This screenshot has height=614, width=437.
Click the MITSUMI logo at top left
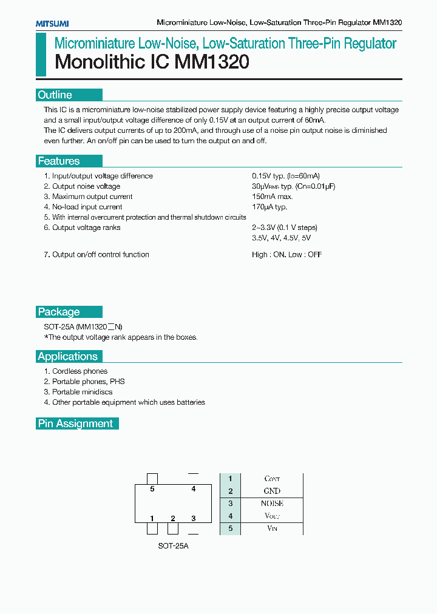(x=52, y=23)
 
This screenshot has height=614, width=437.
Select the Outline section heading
(x=55, y=95)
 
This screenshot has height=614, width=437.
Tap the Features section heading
(x=59, y=161)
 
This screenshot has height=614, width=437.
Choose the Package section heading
(x=59, y=312)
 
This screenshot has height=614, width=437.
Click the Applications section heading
(x=68, y=357)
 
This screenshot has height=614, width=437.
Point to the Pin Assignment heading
(x=76, y=423)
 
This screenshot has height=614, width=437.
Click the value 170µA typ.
(x=269, y=207)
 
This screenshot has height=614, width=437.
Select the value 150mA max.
(x=273, y=197)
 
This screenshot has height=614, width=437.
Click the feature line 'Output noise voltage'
(x=86, y=186)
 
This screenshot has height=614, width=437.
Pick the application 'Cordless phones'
(x=80, y=371)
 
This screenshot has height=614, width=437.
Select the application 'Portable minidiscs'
(x=82, y=392)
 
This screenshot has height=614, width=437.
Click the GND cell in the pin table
(x=272, y=491)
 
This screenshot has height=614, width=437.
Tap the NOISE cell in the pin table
(x=272, y=504)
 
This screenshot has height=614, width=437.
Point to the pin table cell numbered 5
(x=231, y=528)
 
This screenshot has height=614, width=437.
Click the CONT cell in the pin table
(x=272, y=479)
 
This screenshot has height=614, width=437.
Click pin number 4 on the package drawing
(x=194, y=489)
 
